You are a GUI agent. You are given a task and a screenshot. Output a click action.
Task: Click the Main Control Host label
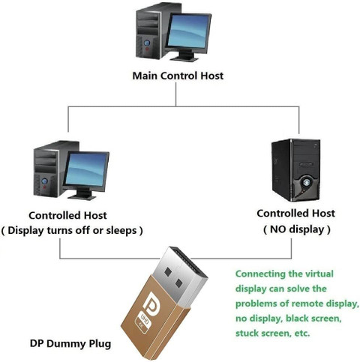pyautogui.click(x=178, y=76)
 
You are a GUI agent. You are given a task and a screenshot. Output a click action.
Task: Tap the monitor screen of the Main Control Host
pyautogui.click(x=189, y=31)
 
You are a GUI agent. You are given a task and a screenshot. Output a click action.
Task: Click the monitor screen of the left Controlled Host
pyautogui.click(x=86, y=169)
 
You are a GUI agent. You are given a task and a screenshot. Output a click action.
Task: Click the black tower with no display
pyautogui.click(x=295, y=170)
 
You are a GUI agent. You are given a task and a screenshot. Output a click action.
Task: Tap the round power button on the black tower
pyautogui.click(x=306, y=183)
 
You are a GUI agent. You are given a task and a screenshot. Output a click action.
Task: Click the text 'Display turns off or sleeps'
pyautogui.click(x=72, y=230)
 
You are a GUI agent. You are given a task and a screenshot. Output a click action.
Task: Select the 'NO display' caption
pyautogui.click(x=297, y=229)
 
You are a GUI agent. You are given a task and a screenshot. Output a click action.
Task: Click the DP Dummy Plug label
pyautogui.click(x=70, y=343)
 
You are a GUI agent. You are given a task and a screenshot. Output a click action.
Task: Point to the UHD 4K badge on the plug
pyautogui.click(x=142, y=321)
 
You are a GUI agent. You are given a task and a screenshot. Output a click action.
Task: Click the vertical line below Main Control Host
pyautogui.click(x=175, y=94)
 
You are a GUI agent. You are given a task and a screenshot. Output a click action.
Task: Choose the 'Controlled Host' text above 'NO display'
pyautogui.click(x=295, y=214)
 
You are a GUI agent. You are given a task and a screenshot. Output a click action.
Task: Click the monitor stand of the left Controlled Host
pyautogui.click(x=82, y=194)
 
